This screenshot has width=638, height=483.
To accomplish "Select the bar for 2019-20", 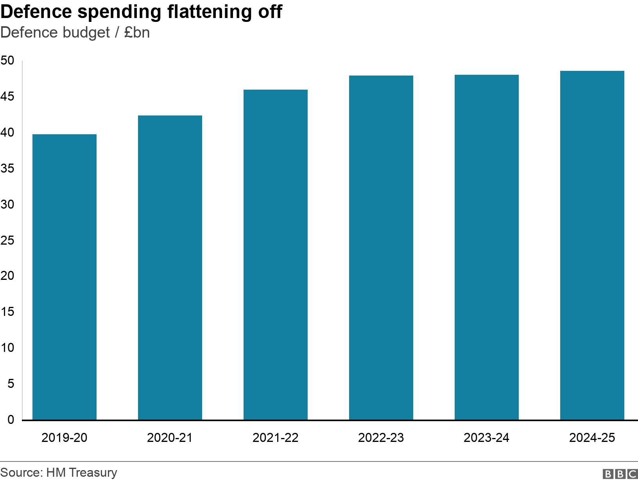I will pos(64,277).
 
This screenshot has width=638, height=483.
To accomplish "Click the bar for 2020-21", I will pos(170,268).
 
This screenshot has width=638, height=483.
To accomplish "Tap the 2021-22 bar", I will pos(275,255).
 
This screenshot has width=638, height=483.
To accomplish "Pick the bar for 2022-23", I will pos(381,248).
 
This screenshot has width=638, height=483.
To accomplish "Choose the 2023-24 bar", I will pos(486,247).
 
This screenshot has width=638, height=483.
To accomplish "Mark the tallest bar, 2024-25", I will pos(592,245).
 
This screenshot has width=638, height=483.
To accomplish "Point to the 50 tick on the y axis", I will pos(7,60).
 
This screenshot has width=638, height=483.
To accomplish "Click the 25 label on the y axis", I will pos(7,240).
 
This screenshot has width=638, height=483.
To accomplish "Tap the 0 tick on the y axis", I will pos(11,420).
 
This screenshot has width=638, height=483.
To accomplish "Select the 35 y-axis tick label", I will pos(7,168).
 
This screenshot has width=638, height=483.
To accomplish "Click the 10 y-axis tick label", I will pos(7,348).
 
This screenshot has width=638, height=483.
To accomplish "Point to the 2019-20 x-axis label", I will pos(64,438).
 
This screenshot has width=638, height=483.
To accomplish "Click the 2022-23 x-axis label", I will pos(381,438).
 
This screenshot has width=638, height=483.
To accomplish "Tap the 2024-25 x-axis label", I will pos(592,438).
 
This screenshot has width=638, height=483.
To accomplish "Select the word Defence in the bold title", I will pos(36,12).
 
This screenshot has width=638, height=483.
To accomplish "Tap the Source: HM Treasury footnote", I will pos(59,472).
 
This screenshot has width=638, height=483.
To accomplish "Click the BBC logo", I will pos(620,474).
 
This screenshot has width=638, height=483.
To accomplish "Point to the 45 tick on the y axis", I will pos(7,96).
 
